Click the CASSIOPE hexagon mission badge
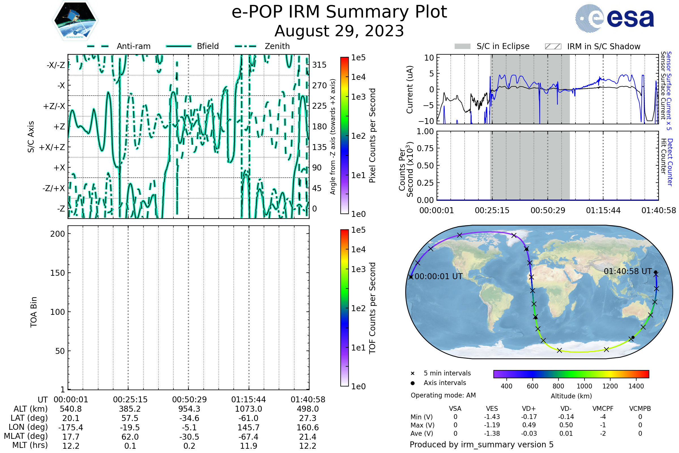click(x=75, y=20)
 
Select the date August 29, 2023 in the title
click(x=339, y=31)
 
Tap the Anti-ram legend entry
click(x=119, y=46)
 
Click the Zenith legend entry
click(x=262, y=46)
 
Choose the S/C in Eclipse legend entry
click(x=492, y=46)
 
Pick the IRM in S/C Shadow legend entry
click(x=593, y=46)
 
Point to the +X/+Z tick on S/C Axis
click(x=52, y=147)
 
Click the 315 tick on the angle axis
click(x=319, y=65)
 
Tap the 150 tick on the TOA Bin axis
click(x=58, y=273)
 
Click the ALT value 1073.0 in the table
click(x=249, y=409)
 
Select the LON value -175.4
click(x=71, y=428)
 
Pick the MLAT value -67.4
click(x=249, y=437)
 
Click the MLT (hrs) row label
click(x=30, y=445)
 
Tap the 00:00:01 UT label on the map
click(x=439, y=277)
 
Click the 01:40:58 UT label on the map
click(x=628, y=271)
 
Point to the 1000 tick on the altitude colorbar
click(x=584, y=386)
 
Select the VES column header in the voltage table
click(x=492, y=409)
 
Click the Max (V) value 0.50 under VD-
click(x=566, y=425)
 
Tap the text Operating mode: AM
click(x=443, y=395)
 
